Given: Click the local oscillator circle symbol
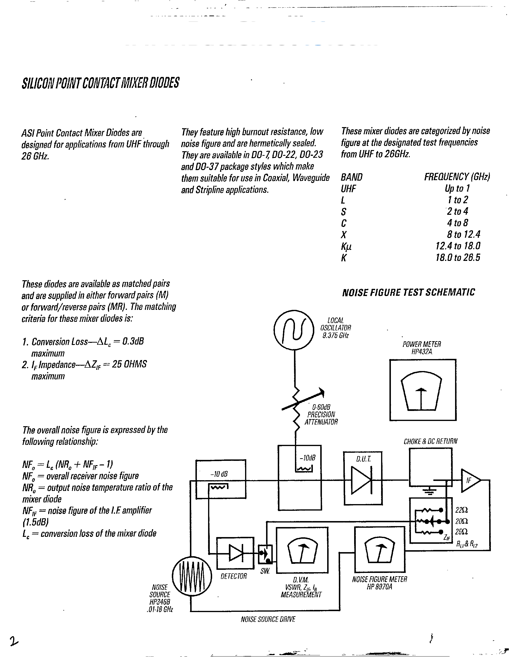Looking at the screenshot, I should click(294, 330).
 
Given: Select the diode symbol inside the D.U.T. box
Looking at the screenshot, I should click(362, 480).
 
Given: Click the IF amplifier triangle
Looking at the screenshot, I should click(470, 480).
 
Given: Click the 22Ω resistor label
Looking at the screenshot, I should click(462, 510).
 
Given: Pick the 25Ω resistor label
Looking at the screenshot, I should click(461, 532).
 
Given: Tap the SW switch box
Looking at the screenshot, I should click(265, 554).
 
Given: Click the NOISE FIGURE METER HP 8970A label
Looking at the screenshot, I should click(379, 583).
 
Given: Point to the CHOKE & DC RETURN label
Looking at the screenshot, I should click(430, 441).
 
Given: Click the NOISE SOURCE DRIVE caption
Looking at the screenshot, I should click(268, 619).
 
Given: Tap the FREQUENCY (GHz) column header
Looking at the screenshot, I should click(457, 177).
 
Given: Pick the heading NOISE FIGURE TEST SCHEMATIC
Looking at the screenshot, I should click(408, 292).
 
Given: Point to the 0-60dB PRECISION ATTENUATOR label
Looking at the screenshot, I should click(321, 415).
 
